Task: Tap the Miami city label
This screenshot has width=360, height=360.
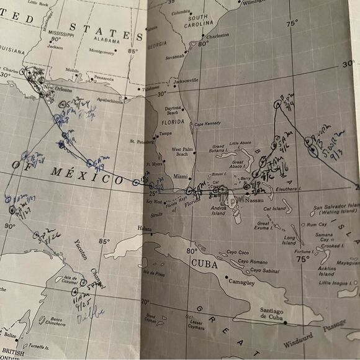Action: pos(181,176)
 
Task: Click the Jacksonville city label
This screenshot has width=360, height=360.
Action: pos(186,80)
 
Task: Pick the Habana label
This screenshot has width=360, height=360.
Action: pos(144,228)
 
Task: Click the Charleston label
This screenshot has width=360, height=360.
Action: pos(218,36)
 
